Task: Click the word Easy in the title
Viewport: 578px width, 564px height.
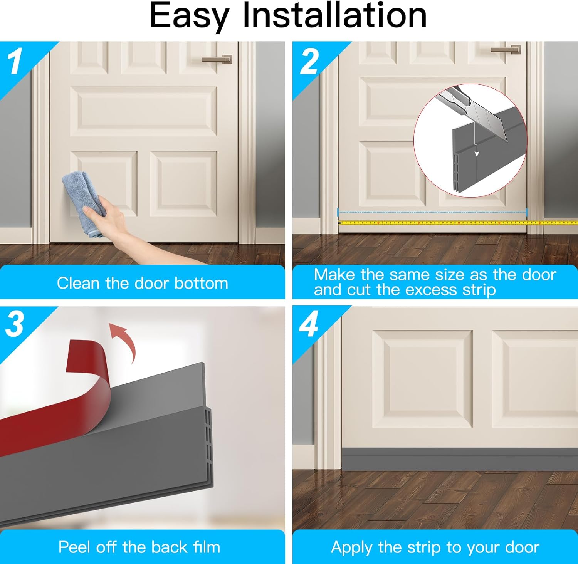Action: pyautogui.click(x=189, y=16)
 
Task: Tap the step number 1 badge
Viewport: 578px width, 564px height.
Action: pyautogui.click(x=15, y=62)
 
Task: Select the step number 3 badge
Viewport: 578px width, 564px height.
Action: pyautogui.click(x=15, y=324)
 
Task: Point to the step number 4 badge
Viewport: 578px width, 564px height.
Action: pyautogui.click(x=309, y=324)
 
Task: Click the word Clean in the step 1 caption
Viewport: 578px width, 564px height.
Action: pyautogui.click(x=79, y=283)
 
